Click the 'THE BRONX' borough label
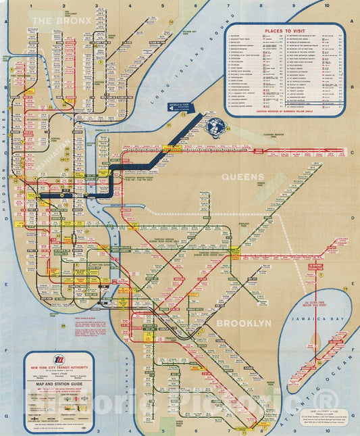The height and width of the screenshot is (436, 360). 57,22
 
